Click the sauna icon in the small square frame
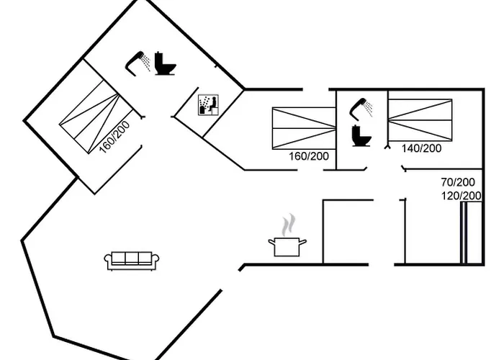(207, 104)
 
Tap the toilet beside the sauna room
(165, 64)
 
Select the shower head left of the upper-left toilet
(138, 62)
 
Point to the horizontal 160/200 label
(308, 156)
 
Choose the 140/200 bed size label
(421, 148)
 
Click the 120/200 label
(461, 195)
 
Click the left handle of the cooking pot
(271, 243)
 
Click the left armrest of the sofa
(108, 261)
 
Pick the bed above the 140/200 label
(421, 118)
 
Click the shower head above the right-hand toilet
(362, 107)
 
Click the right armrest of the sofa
(156, 261)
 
